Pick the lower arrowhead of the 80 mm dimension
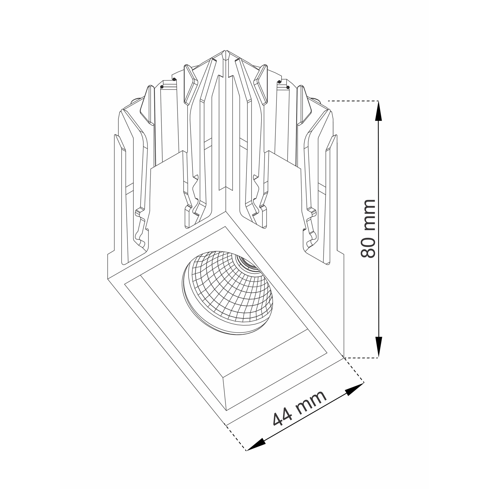[x=378, y=347]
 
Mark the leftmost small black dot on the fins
[x=162, y=87]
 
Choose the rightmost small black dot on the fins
[x=288, y=87]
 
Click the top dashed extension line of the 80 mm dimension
[x=353, y=101]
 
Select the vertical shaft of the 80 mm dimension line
[x=378, y=229]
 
